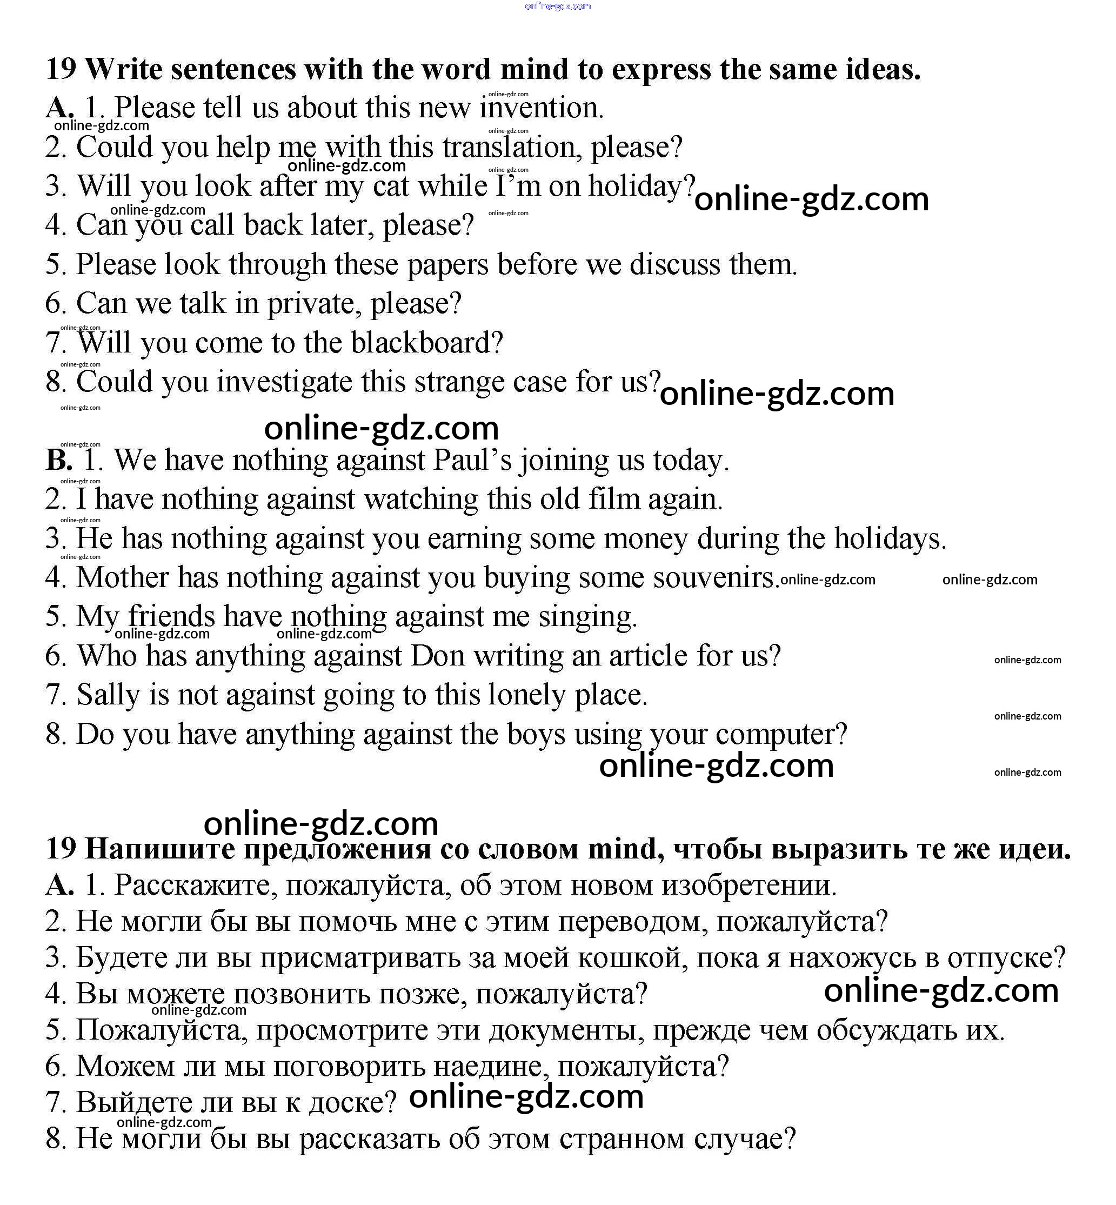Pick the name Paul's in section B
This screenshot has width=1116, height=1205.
[472, 460]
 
